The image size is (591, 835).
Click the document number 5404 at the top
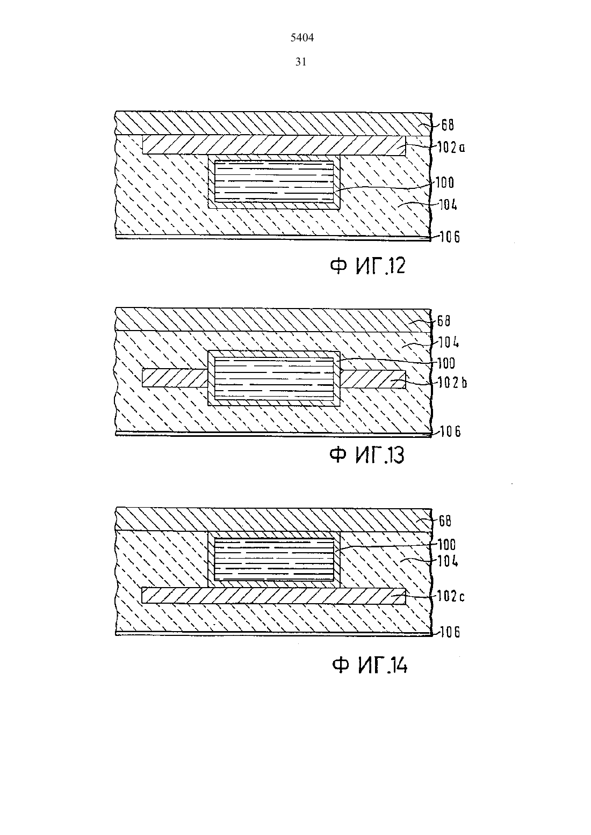(x=302, y=38)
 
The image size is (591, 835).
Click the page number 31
(x=301, y=62)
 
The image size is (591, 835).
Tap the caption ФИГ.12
(x=367, y=266)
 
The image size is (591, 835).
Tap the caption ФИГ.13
(x=367, y=455)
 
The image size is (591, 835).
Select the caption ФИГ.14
(x=370, y=665)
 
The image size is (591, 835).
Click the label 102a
(x=451, y=148)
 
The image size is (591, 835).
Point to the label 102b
(x=452, y=383)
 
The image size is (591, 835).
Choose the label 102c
(x=451, y=596)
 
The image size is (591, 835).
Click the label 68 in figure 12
(x=448, y=125)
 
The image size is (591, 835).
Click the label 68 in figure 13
(x=444, y=321)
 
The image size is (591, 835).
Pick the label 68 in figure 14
(x=445, y=521)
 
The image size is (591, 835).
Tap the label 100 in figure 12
(x=444, y=182)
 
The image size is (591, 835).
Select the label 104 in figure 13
(x=449, y=342)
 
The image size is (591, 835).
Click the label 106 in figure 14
(x=450, y=632)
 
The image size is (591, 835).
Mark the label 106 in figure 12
(x=450, y=237)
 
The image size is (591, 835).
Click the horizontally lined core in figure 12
(x=274, y=181)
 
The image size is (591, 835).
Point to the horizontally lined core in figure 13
(x=274, y=379)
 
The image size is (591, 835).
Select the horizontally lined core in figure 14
(x=274, y=560)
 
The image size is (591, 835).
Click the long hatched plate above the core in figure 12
(x=274, y=145)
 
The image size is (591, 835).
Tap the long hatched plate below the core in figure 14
(x=273, y=595)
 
